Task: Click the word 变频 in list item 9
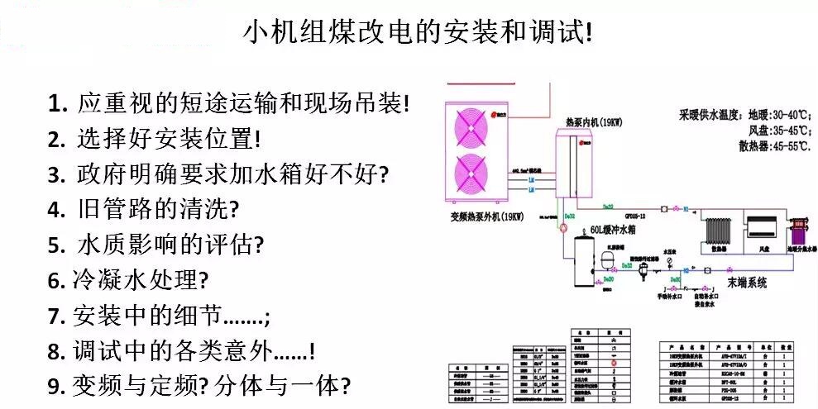click(96, 386)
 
